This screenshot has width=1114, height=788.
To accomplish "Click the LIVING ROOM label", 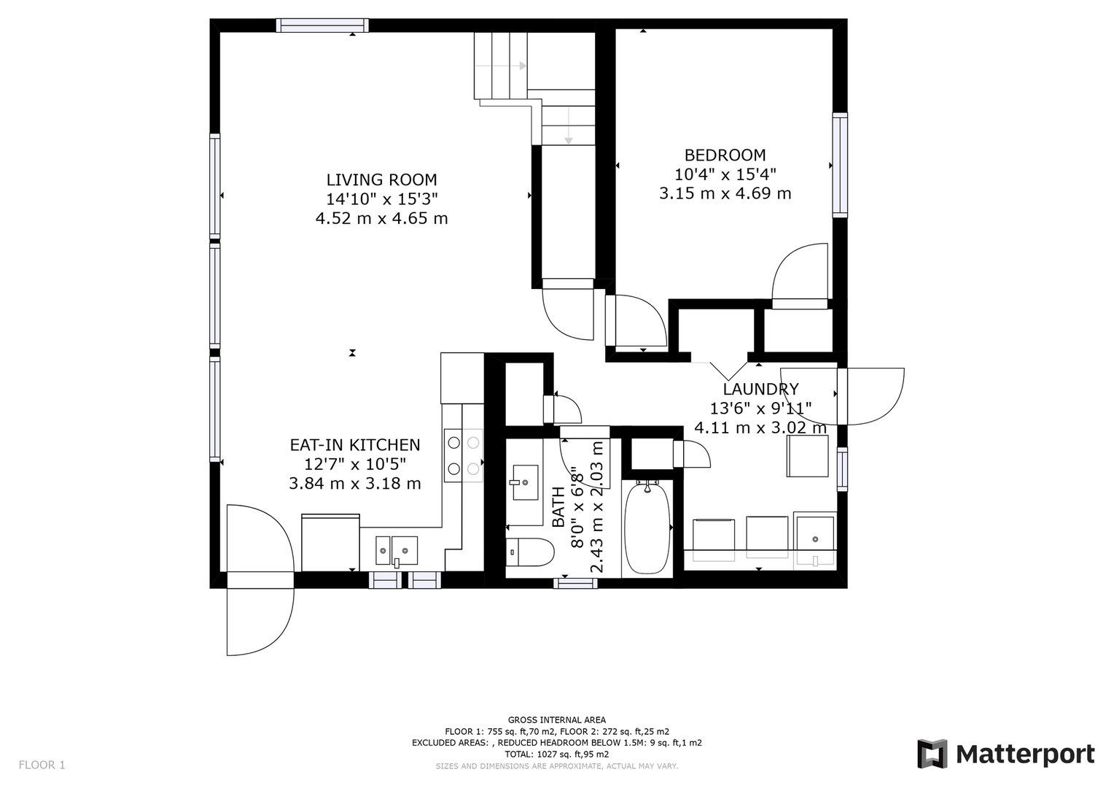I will pos(381,180).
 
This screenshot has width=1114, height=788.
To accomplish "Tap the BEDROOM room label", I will pos(725,155).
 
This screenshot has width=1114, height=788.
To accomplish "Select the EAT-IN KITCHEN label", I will pos(355,445).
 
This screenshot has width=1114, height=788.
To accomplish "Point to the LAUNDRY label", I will pos(760,390).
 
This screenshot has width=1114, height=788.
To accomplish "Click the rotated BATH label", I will pos(558,508).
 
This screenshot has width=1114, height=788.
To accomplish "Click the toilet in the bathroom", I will pos(528,552).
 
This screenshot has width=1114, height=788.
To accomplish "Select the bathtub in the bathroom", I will pos(647,527).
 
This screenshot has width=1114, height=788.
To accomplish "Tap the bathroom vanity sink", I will pos(524,482).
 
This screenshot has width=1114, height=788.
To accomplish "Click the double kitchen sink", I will pos(397,550).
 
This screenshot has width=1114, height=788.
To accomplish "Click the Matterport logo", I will pos(1005,754).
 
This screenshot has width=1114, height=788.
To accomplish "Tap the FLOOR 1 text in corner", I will pos(42,765).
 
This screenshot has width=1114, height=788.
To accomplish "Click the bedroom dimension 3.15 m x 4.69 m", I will pos(725,194).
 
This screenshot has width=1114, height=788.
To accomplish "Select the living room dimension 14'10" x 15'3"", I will pos(381,199).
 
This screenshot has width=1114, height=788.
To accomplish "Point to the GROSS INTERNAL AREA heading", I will pos(556,720).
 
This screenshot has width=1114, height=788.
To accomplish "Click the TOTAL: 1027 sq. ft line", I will pos(556,754).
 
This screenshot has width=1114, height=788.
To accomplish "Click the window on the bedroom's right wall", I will pos(840,165).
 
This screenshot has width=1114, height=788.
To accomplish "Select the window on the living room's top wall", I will pos(322,26).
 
